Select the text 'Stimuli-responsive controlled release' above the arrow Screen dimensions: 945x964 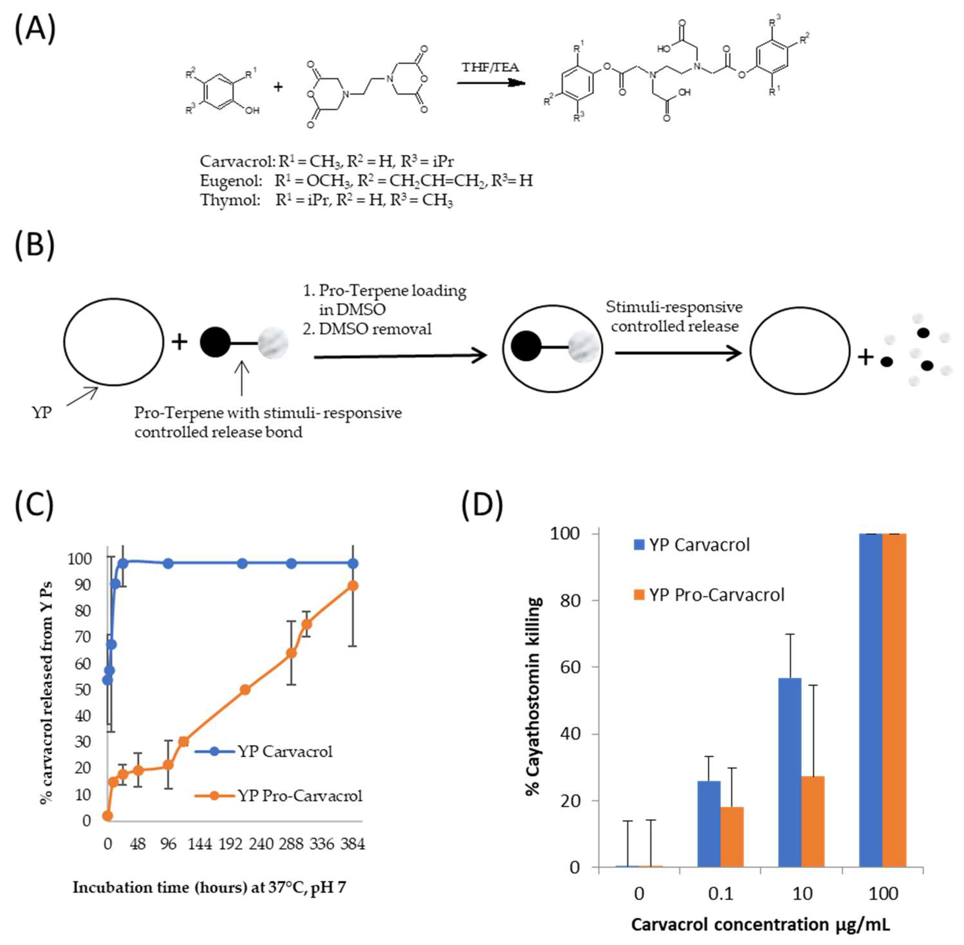point(674,316)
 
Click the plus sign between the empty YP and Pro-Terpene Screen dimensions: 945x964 point(179,342)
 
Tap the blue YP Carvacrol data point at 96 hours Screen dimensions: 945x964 point(168,563)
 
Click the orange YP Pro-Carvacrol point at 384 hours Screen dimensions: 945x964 point(353,586)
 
